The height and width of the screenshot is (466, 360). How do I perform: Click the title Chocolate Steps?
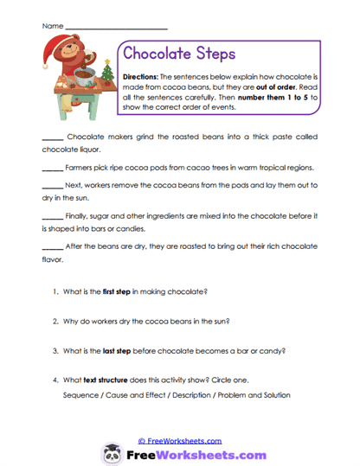pyautogui.click(x=180, y=54)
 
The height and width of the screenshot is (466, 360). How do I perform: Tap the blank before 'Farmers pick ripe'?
pyautogui.click(x=52, y=168)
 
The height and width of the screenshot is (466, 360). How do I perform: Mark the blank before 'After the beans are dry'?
pyautogui.click(x=52, y=246)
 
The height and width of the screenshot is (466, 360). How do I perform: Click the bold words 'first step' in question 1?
pyautogui.click(x=119, y=292)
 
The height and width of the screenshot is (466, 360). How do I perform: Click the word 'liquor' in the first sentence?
pyautogui.click(x=93, y=149)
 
